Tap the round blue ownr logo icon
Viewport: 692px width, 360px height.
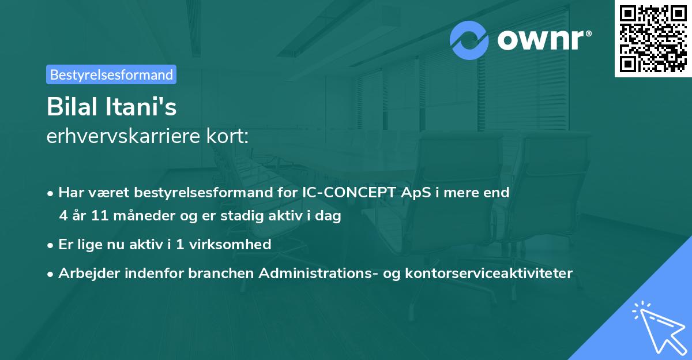[469, 40]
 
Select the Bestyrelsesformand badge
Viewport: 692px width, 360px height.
[111, 74]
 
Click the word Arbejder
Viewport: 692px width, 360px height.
[87, 273]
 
